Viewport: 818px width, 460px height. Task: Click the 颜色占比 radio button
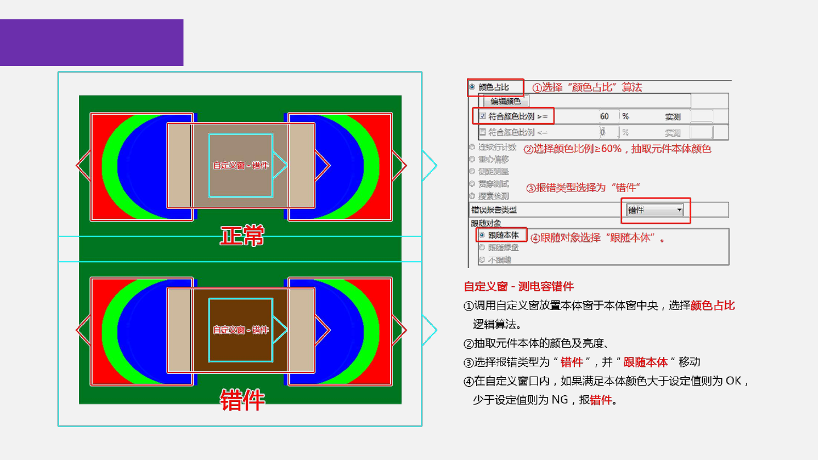coord(472,87)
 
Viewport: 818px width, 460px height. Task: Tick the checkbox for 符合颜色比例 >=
coord(482,116)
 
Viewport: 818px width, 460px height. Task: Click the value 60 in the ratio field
coord(604,116)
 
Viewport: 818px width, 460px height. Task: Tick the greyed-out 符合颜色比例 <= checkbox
coord(482,132)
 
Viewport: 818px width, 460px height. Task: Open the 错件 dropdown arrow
coord(679,210)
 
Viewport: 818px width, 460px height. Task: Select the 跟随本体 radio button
coord(482,235)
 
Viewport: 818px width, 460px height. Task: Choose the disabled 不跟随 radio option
coord(482,260)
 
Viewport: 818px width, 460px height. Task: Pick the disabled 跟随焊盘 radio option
coord(482,247)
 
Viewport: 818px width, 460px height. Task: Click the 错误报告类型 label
coord(494,210)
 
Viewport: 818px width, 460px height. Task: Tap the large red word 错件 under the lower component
coord(242,400)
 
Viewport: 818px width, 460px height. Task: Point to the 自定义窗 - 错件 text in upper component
coord(241,165)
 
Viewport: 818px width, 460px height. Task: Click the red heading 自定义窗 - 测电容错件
coord(519,286)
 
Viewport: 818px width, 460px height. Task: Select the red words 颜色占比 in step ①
coord(712,306)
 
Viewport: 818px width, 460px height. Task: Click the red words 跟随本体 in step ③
coord(645,362)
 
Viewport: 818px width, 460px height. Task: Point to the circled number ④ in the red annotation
coord(535,239)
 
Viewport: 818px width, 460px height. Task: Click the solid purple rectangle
coord(91,43)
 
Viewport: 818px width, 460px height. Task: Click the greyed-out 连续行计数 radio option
coord(472,147)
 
